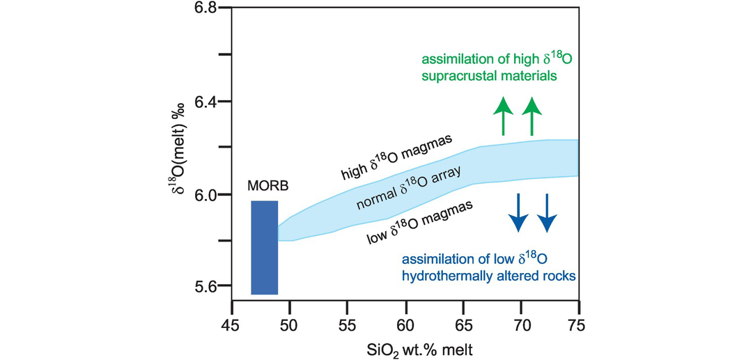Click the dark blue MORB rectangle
point(265,247)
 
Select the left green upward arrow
point(502,116)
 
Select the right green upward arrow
point(532,116)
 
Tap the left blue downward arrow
point(518,212)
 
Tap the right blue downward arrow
point(548,212)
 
